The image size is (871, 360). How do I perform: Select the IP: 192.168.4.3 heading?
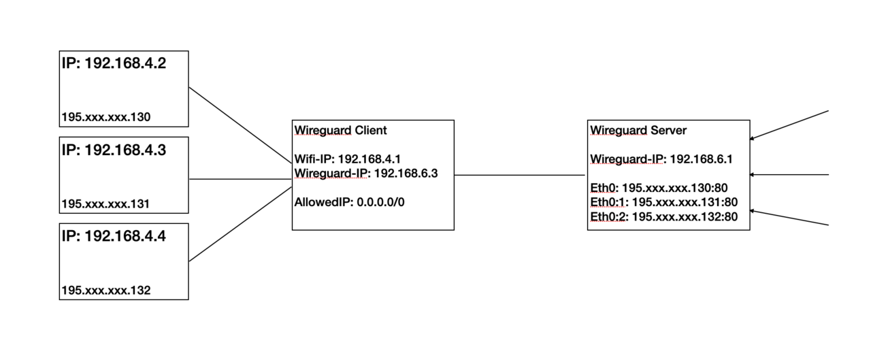114,150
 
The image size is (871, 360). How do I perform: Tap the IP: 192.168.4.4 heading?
114,236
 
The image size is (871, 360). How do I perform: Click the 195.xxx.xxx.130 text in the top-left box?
105,117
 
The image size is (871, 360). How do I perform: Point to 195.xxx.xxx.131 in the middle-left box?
105,203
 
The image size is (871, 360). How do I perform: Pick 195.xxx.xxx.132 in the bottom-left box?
105,291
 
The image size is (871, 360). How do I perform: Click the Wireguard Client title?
340,130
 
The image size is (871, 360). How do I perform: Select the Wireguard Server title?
638,130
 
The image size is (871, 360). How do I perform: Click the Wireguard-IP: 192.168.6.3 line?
365,174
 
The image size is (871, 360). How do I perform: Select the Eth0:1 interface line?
664,202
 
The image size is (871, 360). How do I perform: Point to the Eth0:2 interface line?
664,216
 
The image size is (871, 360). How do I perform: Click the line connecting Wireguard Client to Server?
521,175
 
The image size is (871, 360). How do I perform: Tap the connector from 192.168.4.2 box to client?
240,125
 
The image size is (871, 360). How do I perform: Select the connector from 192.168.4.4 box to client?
240,225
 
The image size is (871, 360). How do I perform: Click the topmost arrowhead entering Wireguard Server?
753,138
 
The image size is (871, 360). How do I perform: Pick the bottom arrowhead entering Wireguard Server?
753,212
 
